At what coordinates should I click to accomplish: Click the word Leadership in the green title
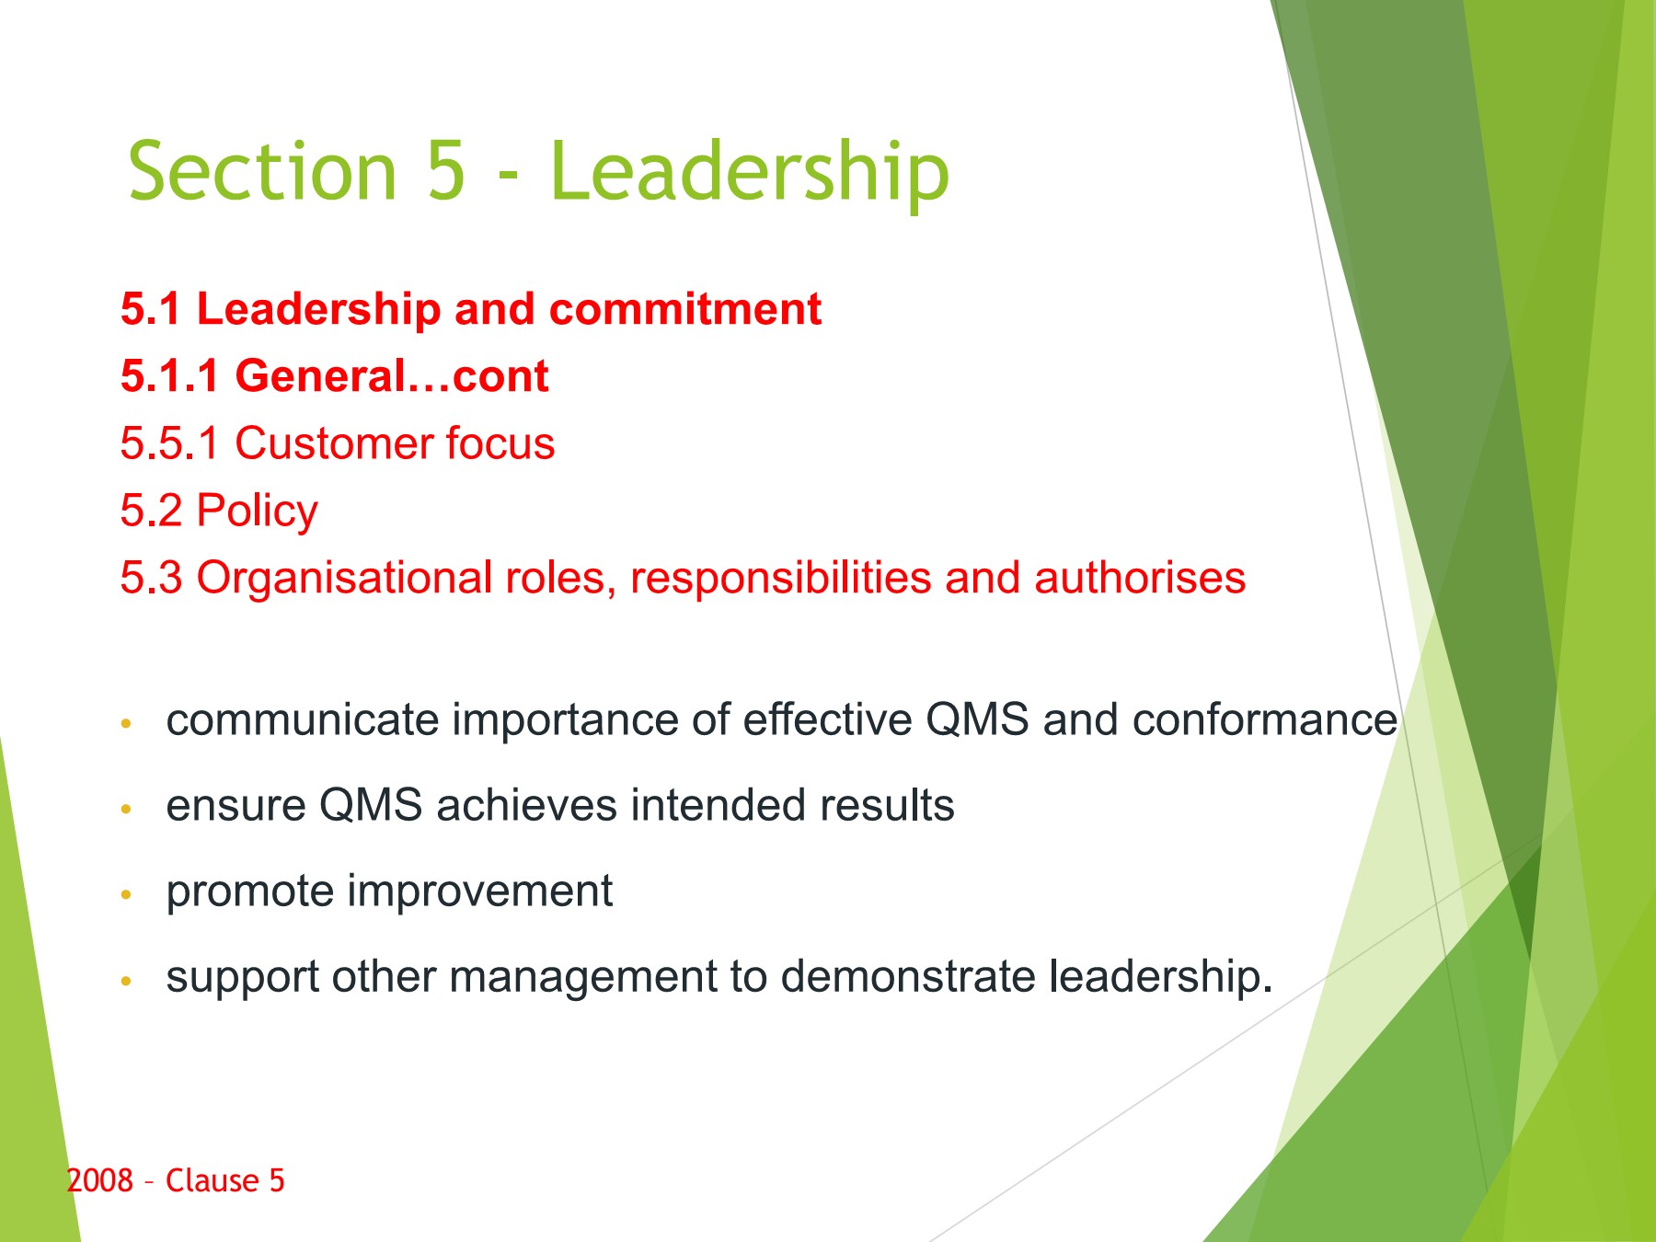coord(749,172)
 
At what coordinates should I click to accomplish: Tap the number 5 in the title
coord(445,170)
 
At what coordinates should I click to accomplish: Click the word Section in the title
coord(262,170)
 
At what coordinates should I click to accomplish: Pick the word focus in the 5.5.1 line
coord(500,443)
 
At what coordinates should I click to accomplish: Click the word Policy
coord(258,512)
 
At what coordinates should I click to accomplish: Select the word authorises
coord(1140,578)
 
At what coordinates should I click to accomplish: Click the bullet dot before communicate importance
coord(127,724)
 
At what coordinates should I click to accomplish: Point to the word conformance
coord(1265,719)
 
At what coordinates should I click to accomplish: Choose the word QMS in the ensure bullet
coord(371,805)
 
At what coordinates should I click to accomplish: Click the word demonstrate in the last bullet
coord(908,977)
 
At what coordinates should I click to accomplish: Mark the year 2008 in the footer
coord(100,1180)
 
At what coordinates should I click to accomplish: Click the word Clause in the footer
coord(212,1180)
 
